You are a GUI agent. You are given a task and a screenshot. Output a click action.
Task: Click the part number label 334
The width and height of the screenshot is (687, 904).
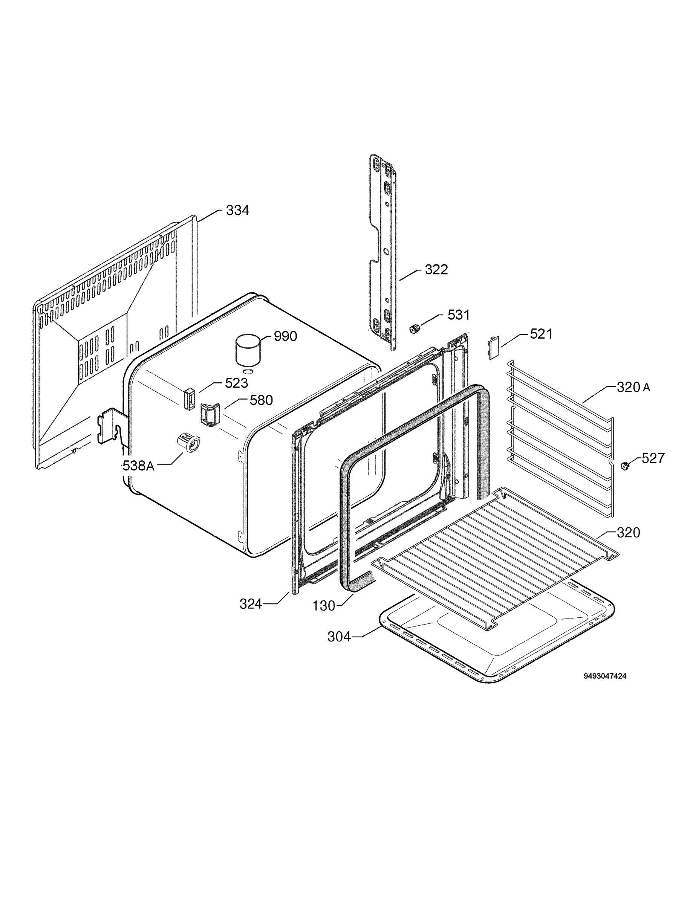tap(237, 211)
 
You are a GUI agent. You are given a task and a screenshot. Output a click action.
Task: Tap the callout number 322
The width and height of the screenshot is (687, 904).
tap(436, 269)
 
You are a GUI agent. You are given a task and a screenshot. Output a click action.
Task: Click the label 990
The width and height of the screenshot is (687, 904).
tap(285, 336)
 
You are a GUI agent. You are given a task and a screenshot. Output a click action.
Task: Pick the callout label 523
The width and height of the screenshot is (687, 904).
tap(236, 383)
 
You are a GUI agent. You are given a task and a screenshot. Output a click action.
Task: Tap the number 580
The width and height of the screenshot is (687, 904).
tap(261, 400)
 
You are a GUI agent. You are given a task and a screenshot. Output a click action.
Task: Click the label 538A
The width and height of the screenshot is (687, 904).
tap(139, 466)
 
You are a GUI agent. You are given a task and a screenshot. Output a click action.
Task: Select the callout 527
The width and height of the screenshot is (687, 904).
tap(653, 458)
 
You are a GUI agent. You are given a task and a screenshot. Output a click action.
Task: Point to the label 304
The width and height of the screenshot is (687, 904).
tap(340, 637)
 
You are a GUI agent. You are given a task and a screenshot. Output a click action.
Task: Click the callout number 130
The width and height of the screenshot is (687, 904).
tap(324, 606)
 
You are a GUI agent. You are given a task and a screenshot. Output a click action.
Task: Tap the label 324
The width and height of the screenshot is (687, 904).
tap(251, 604)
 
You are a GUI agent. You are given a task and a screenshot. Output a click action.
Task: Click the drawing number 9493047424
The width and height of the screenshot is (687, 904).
tap(605, 676)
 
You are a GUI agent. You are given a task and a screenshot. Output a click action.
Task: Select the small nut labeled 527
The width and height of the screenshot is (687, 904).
tap(624, 466)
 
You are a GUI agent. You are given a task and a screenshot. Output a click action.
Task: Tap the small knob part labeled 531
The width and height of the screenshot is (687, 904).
tap(415, 328)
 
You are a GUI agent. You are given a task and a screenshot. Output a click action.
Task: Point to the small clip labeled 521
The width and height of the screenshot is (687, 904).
tap(494, 347)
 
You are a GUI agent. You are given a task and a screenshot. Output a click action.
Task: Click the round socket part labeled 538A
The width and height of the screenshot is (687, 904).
tap(189, 443)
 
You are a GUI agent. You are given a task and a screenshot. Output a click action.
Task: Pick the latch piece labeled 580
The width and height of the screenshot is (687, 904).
tap(210, 414)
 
